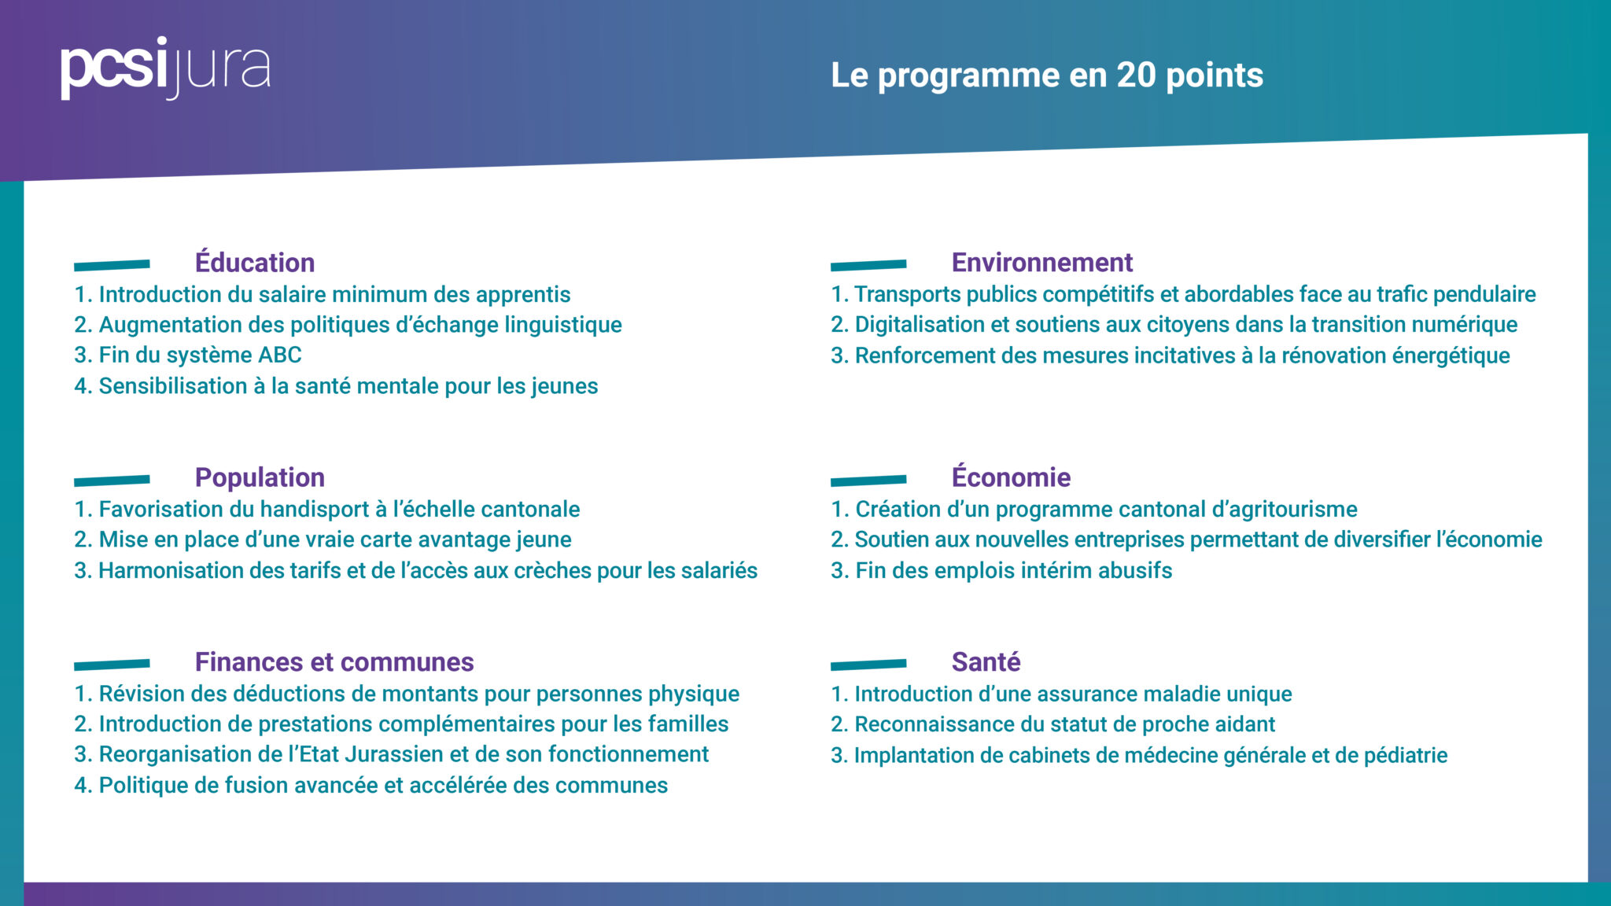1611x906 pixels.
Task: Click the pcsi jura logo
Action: [x=165, y=68]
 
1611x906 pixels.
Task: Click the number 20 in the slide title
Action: [x=1136, y=75]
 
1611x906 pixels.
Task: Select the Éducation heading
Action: [x=255, y=263]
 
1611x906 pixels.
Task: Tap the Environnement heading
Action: [x=1042, y=263]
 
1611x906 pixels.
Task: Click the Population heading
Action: [x=260, y=477]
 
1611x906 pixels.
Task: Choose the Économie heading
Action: [x=1011, y=477]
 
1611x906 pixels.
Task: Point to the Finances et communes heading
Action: [x=334, y=662]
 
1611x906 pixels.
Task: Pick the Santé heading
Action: [x=986, y=662]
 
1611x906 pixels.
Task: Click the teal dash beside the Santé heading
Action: [x=868, y=665]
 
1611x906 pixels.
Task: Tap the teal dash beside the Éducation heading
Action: [x=112, y=266]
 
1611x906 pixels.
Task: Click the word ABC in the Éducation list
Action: [x=280, y=355]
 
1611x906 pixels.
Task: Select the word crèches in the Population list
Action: [x=552, y=571]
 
